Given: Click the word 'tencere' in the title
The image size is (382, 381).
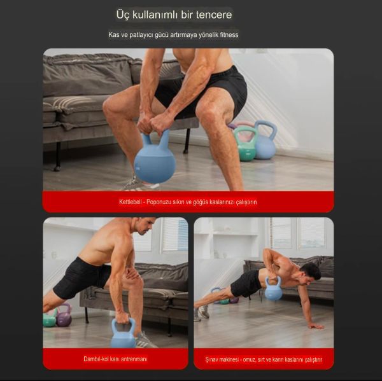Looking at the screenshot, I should click(x=210, y=15).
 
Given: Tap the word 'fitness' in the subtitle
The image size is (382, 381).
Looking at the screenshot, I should click(x=227, y=34).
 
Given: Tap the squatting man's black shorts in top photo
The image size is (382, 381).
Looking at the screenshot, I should click(x=210, y=89).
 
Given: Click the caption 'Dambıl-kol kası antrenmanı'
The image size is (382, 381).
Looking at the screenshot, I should click(x=115, y=359).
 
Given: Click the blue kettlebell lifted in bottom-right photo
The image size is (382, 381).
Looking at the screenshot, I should click(x=273, y=290).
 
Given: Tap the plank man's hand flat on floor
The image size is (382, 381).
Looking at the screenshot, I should click(x=314, y=325).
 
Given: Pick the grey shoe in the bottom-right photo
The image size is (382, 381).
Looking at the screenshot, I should click(x=203, y=312).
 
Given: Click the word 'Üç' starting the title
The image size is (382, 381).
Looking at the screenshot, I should click(x=123, y=15).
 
